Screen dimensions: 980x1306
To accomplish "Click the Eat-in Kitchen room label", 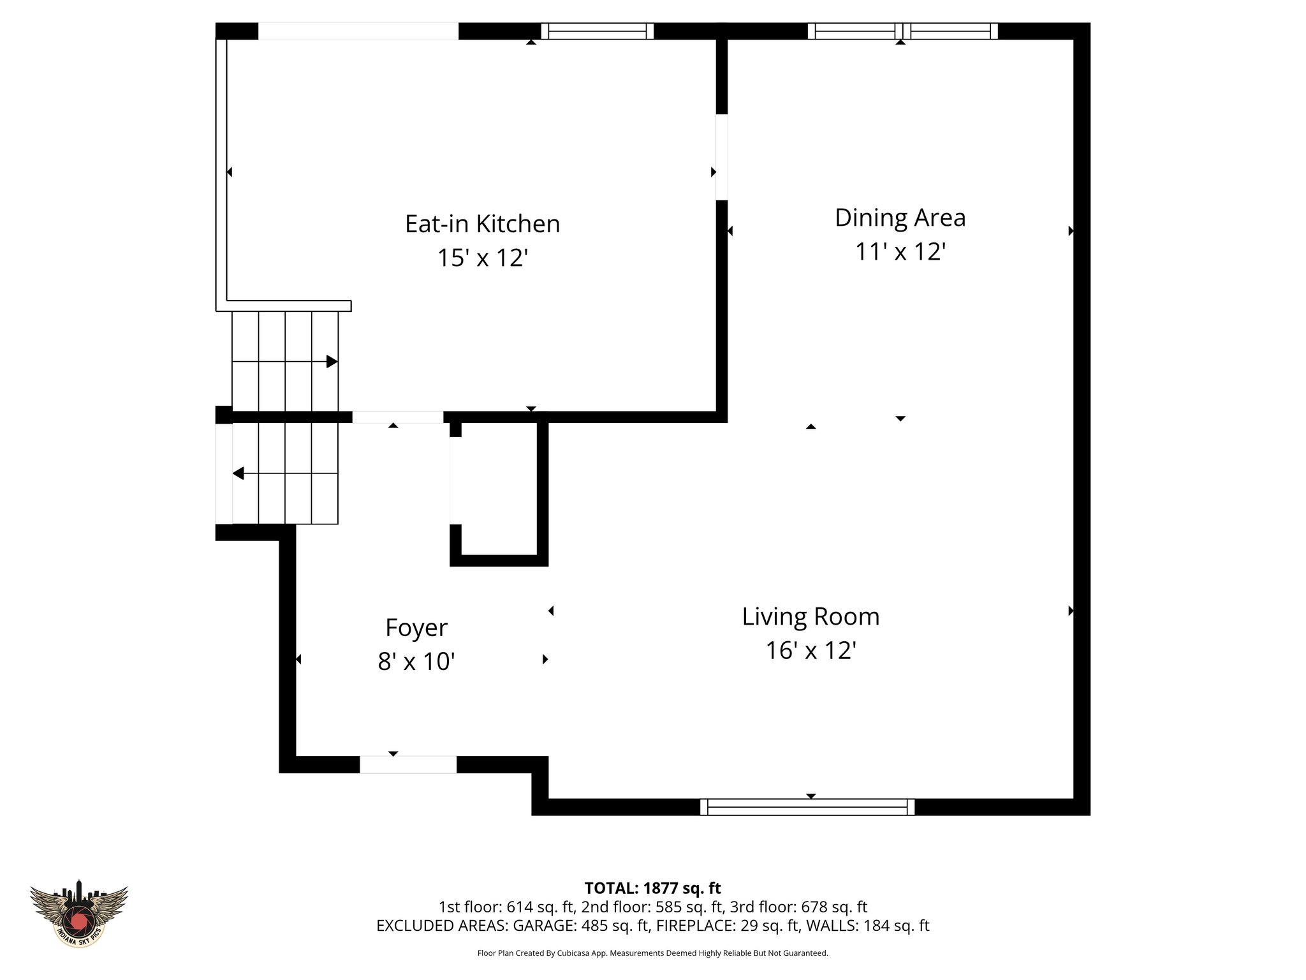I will pos(482,224).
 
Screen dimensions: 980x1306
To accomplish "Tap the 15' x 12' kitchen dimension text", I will pos(482,258).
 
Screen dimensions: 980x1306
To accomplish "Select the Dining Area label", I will pos(900,218).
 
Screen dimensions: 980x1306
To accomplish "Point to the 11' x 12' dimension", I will pos(899,252).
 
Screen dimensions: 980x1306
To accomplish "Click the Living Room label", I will pos(811,617).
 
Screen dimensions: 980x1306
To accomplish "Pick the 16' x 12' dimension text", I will pos(811,651).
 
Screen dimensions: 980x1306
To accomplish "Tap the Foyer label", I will pos(416,628).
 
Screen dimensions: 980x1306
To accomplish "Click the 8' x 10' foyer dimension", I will pos(416,662).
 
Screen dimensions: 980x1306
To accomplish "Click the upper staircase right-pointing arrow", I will pos(331,362).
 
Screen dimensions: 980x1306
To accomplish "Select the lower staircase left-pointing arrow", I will pos(238,473).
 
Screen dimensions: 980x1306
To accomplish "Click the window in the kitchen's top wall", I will pos(598,31).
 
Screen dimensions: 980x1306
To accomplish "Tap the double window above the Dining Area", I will pos(902,31).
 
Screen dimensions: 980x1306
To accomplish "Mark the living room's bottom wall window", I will pos(807,807).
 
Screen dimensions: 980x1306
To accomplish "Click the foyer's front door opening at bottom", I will pos(408,764).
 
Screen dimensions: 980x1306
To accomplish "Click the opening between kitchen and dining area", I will pos(721,157).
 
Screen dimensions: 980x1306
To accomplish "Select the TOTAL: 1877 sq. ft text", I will pos(652,888).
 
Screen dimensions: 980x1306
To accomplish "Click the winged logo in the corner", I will pos(79,912).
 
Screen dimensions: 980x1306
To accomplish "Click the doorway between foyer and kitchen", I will pos(397,417).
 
